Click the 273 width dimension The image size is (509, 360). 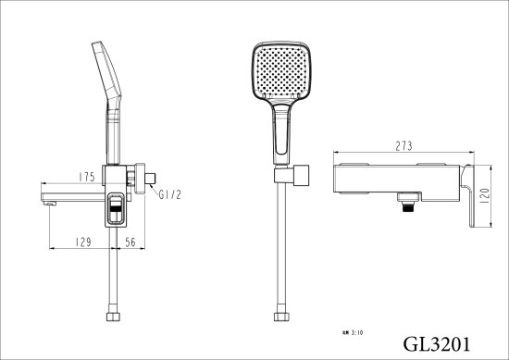coord(402,144)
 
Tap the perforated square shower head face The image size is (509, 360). coord(278,73)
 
